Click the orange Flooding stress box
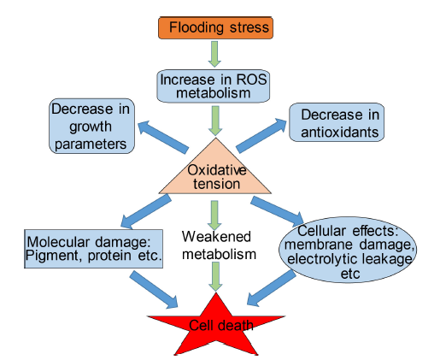pos(215,27)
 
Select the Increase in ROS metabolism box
pos(214,86)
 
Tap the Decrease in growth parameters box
pos(91,126)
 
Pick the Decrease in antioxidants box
pos(337,122)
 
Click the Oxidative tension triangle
pos(215,173)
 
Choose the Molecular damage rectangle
pos(94,249)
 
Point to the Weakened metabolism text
pos(219,245)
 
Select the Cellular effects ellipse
pos(348,250)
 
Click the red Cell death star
pos(216,325)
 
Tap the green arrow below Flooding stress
pos(214,54)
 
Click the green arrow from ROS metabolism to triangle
pos(215,121)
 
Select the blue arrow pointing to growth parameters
pos(163,137)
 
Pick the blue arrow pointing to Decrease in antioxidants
pos(261,136)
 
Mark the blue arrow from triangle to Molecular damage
pos(146,211)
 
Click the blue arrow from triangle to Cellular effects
pos(278,210)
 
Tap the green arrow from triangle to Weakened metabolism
pos(214,215)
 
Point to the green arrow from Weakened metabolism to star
pos(215,277)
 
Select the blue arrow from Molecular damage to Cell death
pos(154,289)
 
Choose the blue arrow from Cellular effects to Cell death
pos(272,288)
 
